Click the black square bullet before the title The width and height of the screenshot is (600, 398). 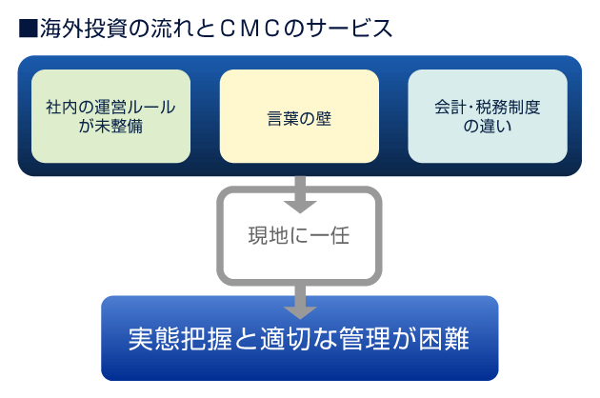coord(29,29)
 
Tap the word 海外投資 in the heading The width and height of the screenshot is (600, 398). coord(84,29)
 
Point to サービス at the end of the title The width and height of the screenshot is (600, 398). coord(350,29)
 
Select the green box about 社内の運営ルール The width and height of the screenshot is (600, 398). coord(110,116)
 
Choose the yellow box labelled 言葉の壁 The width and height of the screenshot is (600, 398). coord(299,116)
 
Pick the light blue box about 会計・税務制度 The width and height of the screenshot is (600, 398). coord(488,116)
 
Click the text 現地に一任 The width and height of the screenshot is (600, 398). coord(299,235)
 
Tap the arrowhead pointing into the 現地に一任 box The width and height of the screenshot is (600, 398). coord(300,207)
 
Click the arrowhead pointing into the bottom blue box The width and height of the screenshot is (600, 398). coord(300,312)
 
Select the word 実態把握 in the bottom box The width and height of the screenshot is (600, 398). coord(180,339)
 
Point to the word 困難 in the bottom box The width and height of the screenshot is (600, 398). coord(444,339)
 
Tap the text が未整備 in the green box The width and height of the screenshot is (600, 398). coord(110,126)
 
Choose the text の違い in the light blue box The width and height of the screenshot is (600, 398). coord(488,126)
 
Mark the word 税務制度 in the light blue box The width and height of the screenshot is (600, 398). coord(509,108)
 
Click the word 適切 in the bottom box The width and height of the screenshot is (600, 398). coord(285,339)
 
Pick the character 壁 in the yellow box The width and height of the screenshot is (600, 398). coord(324,118)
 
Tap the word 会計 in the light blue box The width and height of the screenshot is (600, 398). coord(450,108)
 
